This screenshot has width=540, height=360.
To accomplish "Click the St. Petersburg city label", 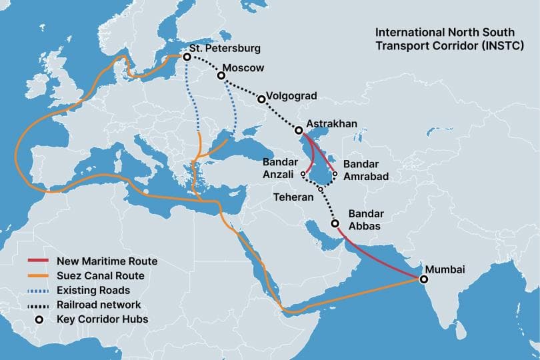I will coord(224,49).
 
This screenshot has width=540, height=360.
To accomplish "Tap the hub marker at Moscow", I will coord(221,76).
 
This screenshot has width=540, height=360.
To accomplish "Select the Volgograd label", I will coord(291,95).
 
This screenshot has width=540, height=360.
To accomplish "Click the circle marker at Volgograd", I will coord(261,99).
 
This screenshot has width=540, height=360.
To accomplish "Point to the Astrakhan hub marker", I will coord(298,131).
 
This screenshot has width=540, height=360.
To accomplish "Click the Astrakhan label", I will coord(332,124).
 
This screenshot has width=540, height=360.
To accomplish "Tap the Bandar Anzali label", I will coord(280,167).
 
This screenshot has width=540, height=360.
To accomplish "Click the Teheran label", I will coord(294,197).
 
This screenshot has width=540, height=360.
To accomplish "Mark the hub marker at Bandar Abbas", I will coord(335,225).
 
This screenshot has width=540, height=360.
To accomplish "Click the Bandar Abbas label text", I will coord(365,220).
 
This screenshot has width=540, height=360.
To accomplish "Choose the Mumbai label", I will coord(445,269).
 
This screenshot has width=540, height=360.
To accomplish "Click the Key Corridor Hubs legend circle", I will coord(39,319).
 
